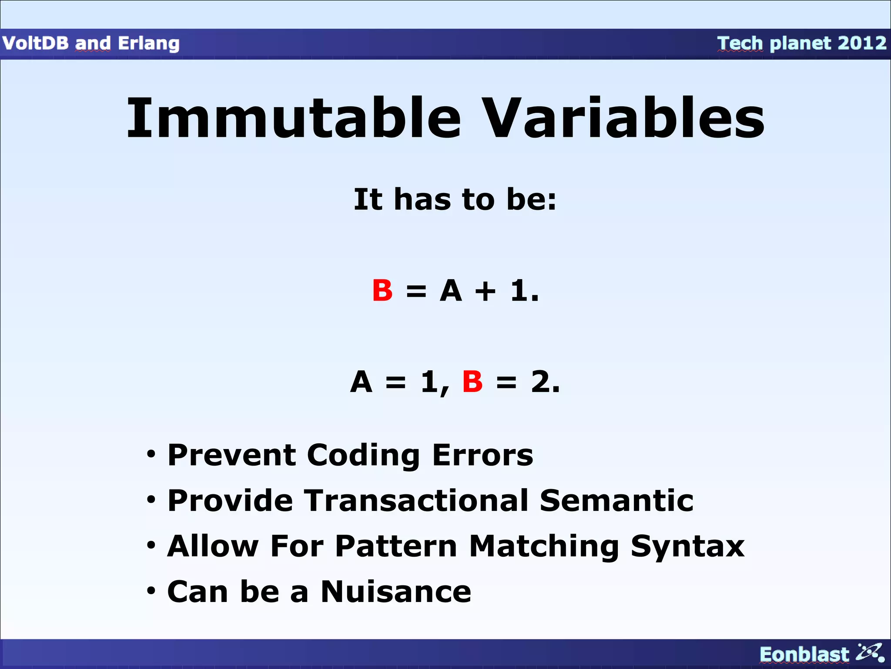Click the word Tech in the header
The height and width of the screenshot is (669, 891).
740,43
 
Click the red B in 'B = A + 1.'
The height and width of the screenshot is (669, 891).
382,291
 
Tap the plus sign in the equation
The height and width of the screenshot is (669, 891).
485,291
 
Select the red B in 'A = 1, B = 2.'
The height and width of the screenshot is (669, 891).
472,382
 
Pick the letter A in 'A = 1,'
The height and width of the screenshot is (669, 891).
362,382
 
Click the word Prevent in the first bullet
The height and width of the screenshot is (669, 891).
231,455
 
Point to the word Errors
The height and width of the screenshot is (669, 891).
482,455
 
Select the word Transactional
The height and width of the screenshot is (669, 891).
416,500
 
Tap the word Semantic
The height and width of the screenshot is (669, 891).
616,500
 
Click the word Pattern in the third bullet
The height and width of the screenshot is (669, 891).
396,546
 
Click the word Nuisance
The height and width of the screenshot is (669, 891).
396,592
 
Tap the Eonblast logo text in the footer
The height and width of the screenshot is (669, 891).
804,655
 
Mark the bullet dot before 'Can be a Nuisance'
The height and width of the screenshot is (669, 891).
151,591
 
